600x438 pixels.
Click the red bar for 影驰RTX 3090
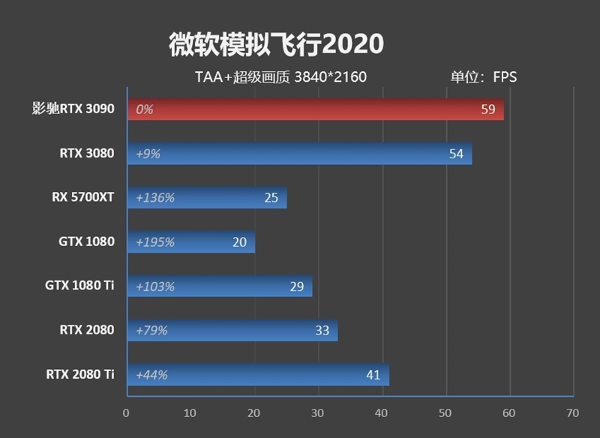click(315, 109)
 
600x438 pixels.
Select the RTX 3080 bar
click(300, 154)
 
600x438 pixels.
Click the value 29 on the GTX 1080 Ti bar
click(297, 286)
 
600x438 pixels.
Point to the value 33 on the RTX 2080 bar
click(322, 331)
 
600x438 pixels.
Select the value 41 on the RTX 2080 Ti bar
click(373, 375)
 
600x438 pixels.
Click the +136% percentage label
click(155, 198)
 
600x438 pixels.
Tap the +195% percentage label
click(155, 242)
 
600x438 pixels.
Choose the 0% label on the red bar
click(145, 109)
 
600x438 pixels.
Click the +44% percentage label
click(151, 375)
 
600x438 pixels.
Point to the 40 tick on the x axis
click(382, 412)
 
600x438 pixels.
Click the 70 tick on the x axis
click(573, 412)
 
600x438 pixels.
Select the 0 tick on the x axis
click(127, 412)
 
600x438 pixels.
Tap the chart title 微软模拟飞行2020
click(276, 43)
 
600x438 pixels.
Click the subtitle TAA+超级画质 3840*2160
click(280, 76)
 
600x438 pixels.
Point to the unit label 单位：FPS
click(483, 76)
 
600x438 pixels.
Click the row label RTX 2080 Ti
click(80, 374)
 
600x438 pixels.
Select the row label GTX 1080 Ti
click(80, 286)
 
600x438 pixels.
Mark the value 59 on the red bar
click(488, 109)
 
